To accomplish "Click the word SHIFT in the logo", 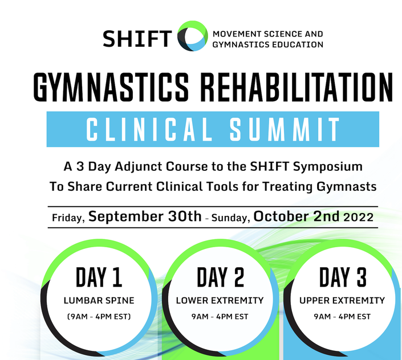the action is pos(137,38).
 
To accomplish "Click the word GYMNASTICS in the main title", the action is pos(111,87).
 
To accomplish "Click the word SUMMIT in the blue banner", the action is pos(285,129).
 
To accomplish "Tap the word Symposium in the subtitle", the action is pos(328,167).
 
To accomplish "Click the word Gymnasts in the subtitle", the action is pos(346,187).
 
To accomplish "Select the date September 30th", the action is pos(145,216).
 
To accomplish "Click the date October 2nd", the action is pos(297,216).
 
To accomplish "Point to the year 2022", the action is pos(359,218).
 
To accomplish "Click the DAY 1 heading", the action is pos(99,277).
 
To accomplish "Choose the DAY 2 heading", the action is pos(221,277).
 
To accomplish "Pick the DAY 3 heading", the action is pos(343,277).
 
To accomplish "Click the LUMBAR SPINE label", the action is pos(99,301).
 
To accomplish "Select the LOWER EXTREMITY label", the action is pos(220,301).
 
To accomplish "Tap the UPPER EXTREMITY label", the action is pos(342,301).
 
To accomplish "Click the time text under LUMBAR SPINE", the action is pos(99,317).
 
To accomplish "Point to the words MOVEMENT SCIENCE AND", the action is pos(268,34).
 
